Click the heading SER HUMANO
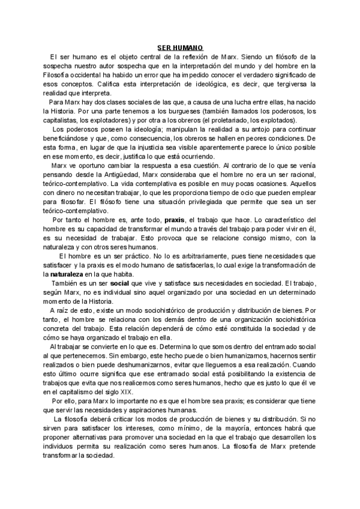pos(180,47)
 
